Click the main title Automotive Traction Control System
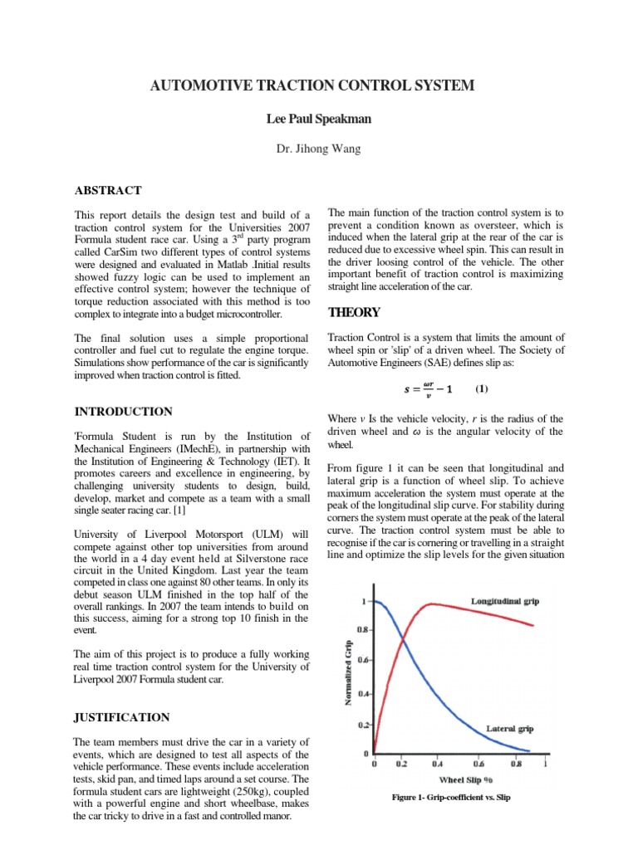318,85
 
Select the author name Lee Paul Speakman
318,119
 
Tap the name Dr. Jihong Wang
318,149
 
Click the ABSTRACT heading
107,190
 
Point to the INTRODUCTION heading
123,411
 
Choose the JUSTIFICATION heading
122,717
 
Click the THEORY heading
354,312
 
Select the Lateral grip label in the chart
509,728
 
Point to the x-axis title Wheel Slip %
461,779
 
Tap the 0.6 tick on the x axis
479,764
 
